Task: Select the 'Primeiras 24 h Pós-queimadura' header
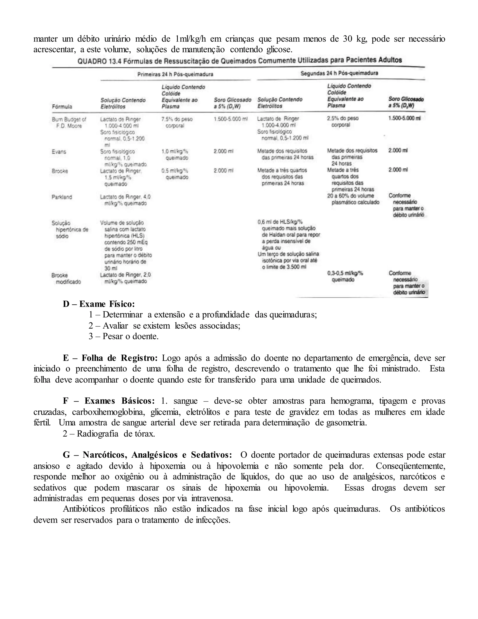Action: click(x=175, y=74)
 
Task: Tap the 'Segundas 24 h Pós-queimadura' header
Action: click(x=339, y=73)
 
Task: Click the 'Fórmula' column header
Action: click(x=62, y=107)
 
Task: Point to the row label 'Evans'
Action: click(x=59, y=152)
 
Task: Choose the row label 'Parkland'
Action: click(x=62, y=197)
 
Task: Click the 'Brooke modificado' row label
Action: click(x=66, y=278)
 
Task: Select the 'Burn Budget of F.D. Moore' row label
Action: click(x=69, y=122)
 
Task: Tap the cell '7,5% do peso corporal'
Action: click(x=177, y=122)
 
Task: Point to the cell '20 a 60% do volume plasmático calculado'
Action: click(x=353, y=199)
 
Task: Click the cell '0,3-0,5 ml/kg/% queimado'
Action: click(x=345, y=276)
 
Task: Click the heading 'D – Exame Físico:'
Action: click(x=98, y=304)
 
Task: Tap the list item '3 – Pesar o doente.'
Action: click(x=123, y=336)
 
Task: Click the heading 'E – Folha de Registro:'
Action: click(x=110, y=358)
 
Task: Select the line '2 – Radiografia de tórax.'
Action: click(x=109, y=434)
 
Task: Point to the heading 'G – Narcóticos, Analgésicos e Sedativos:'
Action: click(x=147, y=455)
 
